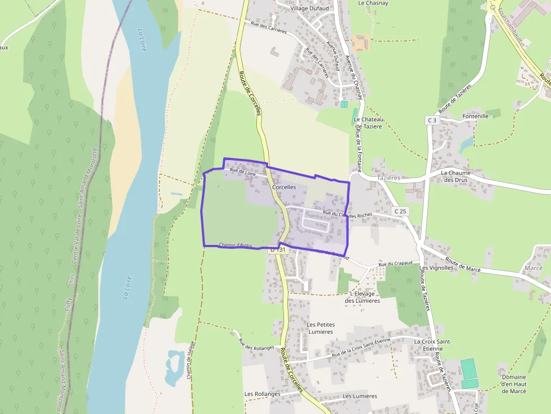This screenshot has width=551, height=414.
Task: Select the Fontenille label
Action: point(475,116)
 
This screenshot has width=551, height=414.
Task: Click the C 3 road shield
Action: point(431,120)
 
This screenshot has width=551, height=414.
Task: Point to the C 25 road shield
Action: point(400,211)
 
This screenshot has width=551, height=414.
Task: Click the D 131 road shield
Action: point(278,249)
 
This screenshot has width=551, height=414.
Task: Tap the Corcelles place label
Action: point(284,186)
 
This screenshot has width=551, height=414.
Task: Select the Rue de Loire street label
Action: point(242,172)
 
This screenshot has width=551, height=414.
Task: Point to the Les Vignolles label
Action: point(436,267)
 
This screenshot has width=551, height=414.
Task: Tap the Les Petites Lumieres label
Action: point(321,328)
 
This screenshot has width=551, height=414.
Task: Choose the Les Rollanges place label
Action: point(262,394)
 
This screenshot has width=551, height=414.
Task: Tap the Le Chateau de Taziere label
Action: point(368,123)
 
